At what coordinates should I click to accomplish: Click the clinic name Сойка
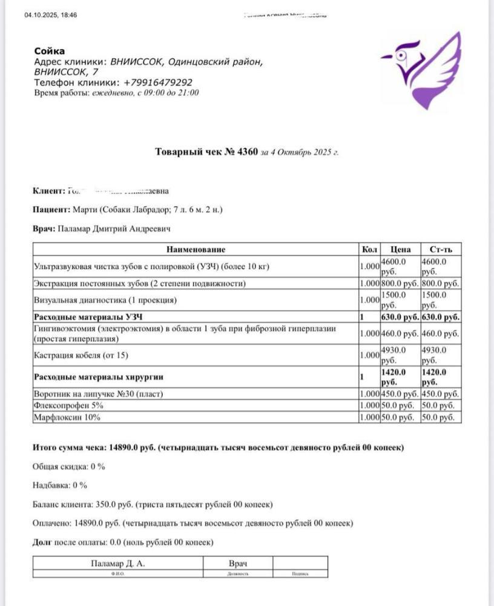[x=50, y=51]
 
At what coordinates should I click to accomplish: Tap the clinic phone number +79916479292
[x=158, y=82]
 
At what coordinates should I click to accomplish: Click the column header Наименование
[x=196, y=249]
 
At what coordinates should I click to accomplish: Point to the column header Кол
[x=369, y=249]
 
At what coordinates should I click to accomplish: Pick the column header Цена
[x=400, y=249]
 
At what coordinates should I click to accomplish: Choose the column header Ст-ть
[x=441, y=249]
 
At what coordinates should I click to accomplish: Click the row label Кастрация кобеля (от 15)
[x=81, y=355]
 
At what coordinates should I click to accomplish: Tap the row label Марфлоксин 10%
[x=67, y=418]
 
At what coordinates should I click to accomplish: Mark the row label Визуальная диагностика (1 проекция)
[x=105, y=299]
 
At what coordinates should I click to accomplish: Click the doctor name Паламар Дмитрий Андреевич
[x=114, y=229]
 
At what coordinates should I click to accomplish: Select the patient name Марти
[x=84, y=210]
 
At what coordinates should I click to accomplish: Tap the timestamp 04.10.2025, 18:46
[x=51, y=15]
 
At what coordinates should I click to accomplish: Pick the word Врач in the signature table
[x=239, y=564]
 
